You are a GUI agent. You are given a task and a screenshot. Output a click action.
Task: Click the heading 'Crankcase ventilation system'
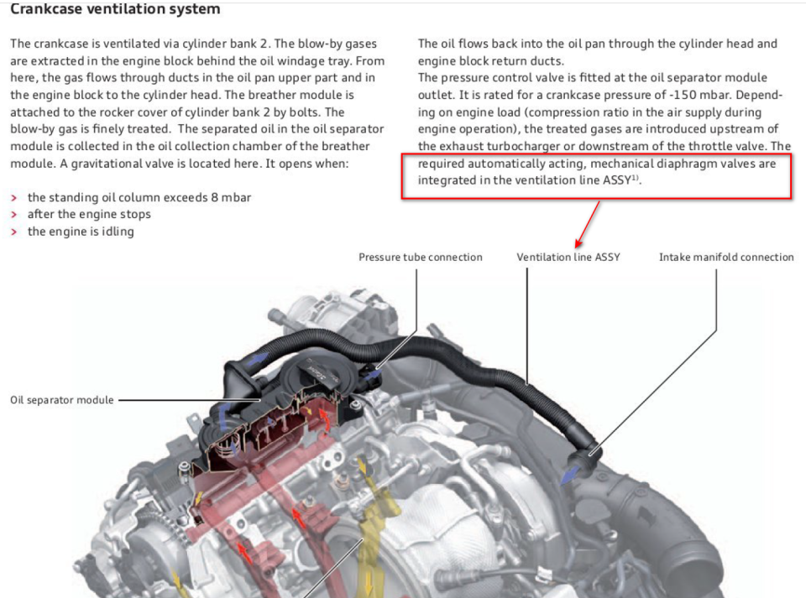tap(115, 10)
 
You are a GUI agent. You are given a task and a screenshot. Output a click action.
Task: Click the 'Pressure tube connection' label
tap(420, 257)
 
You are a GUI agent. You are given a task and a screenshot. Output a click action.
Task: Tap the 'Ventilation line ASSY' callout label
tap(568, 257)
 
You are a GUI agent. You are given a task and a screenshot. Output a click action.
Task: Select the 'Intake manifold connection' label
tap(726, 257)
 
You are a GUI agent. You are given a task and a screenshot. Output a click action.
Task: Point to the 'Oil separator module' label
tap(61, 400)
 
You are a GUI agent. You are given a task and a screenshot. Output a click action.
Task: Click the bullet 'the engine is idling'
tap(81, 231)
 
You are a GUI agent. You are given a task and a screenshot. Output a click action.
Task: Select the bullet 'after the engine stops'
tap(89, 215)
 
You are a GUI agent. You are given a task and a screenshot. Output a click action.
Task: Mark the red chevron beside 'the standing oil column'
tap(14, 197)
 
